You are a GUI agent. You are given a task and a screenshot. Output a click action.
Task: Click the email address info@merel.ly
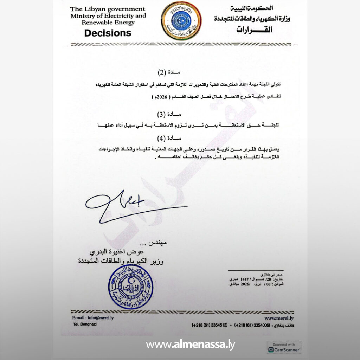pos(93,317)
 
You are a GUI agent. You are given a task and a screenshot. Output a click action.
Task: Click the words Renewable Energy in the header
pos(108,22)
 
